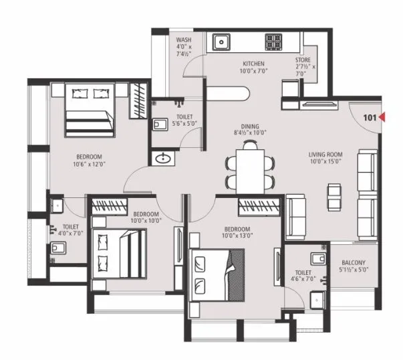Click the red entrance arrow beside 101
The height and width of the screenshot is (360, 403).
click(x=384, y=118)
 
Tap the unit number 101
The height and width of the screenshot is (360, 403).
click(x=370, y=118)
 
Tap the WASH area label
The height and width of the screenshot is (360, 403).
click(x=184, y=39)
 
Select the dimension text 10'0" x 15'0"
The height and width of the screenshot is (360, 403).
click(x=325, y=161)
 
